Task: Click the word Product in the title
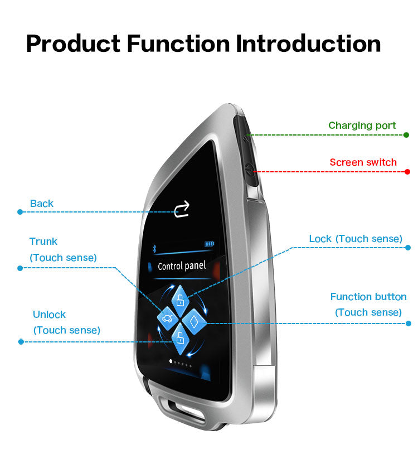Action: (x=73, y=44)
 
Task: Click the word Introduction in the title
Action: (x=308, y=44)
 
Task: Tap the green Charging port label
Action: (x=362, y=125)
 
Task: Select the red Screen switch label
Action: (x=363, y=162)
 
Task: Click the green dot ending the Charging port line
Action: (x=406, y=135)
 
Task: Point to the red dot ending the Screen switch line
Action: (x=407, y=172)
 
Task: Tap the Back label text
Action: (x=41, y=204)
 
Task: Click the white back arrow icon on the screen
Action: (x=182, y=209)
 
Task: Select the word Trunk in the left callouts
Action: (x=43, y=242)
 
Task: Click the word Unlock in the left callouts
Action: (x=49, y=315)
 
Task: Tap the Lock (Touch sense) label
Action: (x=356, y=239)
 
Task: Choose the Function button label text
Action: (x=368, y=297)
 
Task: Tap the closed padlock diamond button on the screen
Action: (x=180, y=301)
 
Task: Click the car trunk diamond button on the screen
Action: (x=167, y=318)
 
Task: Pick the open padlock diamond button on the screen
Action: (x=180, y=339)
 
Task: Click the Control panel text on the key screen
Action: (x=182, y=265)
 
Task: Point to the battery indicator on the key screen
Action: (x=210, y=244)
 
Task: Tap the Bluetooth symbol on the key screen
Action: (x=154, y=249)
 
